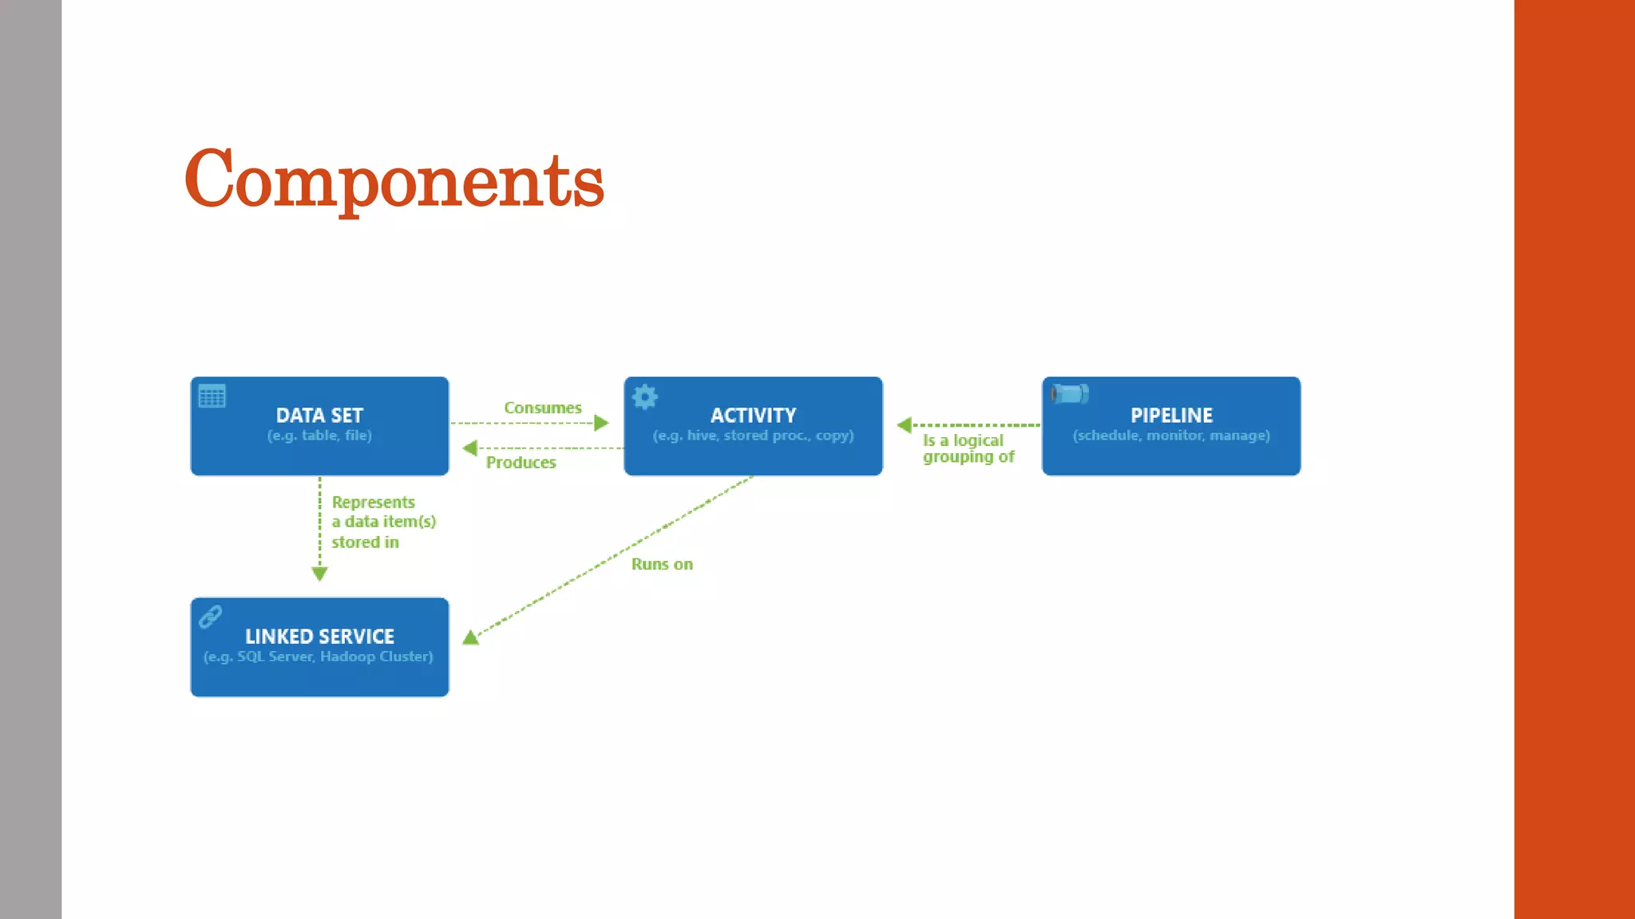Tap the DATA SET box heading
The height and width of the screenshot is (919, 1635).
coord(319,415)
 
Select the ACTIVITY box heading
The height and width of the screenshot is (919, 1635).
coord(753,415)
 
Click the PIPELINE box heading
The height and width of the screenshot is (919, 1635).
coord(1171,415)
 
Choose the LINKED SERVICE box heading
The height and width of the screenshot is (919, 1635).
coord(319,636)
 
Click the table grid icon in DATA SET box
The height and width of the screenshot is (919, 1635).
coord(212,396)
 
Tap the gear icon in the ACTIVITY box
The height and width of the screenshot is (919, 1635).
coord(645,396)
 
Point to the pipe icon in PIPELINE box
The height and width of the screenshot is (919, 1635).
coord(1070,393)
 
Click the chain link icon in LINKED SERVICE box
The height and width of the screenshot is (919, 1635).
coord(211,616)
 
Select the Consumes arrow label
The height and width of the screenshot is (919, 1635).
coord(543,408)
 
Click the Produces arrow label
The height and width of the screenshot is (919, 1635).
coord(521,463)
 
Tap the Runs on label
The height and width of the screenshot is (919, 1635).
coord(662,564)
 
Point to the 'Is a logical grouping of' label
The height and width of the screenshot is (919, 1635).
coord(968,448)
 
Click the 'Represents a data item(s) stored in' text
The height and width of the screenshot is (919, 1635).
coord(383,522)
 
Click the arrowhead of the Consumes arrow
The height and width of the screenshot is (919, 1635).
coord(602,423)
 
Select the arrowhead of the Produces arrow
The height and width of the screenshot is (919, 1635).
coord(469,448)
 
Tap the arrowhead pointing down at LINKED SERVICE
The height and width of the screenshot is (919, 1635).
coord(319,574)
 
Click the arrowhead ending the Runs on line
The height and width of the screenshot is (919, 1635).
coord(471,637)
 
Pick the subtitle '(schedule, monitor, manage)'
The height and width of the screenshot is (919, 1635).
coord(1171,436)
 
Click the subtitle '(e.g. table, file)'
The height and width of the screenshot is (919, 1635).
coord(319,436)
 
